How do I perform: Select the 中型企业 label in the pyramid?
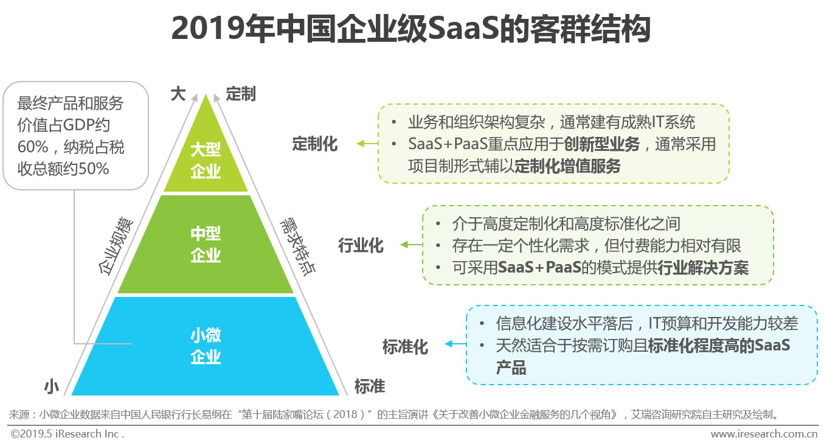pyautogui.click(x=206, y=245)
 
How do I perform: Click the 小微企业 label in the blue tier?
pyautogui.click(x=206, y=346)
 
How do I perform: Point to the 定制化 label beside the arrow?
pyautogui.click(x=315, y=144)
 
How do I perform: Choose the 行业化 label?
pyautogui.click(x=361, y=245)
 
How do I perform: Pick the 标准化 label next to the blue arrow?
pyautogui.click(x=405, y=347)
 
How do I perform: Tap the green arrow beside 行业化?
pyautogui.click(x=412, y=245)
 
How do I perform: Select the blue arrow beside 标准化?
pyautogui.click(x=455, y=345)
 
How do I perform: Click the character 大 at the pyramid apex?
pyautogui.click(x=178, y=94)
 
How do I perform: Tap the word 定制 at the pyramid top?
pyautogui.click(x=241, y=94)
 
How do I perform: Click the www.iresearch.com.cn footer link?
pyautogui.click(x=764, y=434)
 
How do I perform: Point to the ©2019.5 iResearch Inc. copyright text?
pyautogui.click(x=67, y=434)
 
